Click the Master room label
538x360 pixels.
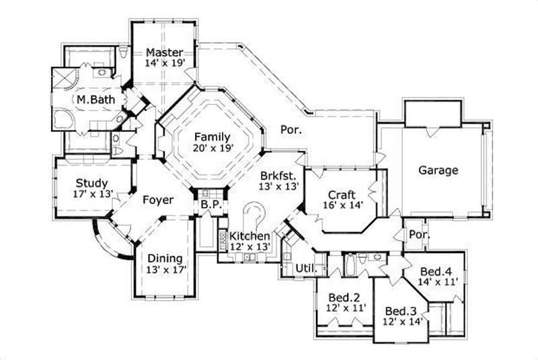(163, 52)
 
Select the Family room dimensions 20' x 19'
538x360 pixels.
(212, 149)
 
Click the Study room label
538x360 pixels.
(92, 183)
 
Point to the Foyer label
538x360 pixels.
(158, 200)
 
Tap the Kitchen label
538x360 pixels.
(250, 236)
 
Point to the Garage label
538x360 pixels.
(438, 170)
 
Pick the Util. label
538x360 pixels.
(306, 268)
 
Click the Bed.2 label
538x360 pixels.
(342, 297)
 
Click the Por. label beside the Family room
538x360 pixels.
(291, 130)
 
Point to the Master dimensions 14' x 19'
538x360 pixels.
(163, 63)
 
